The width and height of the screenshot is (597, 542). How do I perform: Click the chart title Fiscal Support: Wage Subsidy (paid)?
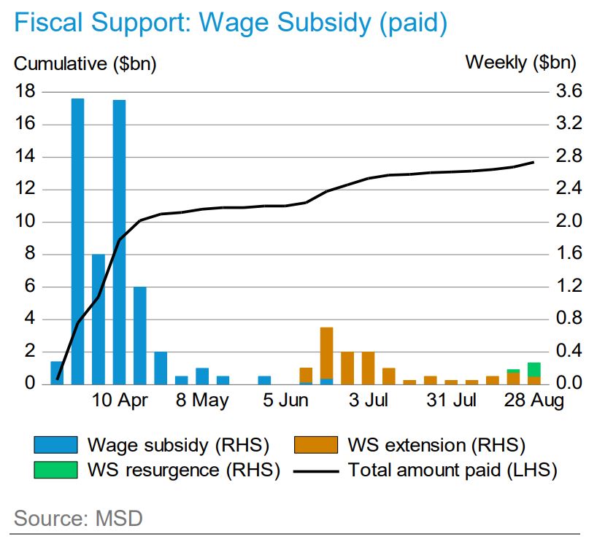click(x=230, y=23)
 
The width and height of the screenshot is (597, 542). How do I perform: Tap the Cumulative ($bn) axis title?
click(x=85, y=63)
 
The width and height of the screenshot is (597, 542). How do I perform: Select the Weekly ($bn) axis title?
click(x=520, y=63)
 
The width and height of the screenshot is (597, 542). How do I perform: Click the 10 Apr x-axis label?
click(x=121, y=400)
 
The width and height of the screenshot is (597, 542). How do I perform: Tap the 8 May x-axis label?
click(x=201, y=400)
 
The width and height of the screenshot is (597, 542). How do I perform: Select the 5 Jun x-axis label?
click(x=286, y=400)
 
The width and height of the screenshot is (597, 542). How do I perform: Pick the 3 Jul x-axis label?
click(x=368, y=400)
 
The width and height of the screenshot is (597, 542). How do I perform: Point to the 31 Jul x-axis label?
click(x=452, y=400)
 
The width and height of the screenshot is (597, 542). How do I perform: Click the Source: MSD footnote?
click(x=78, y=519)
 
